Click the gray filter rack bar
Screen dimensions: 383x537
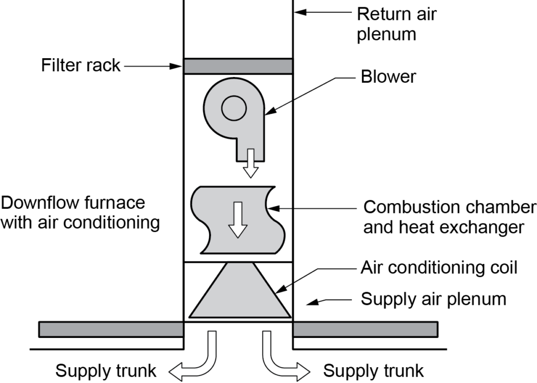tap(238, 66)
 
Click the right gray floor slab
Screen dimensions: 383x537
tap(365, 329)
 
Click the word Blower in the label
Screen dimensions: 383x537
tap(388, 77)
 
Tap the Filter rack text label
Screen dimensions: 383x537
tap(81, 66)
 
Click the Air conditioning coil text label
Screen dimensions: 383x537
tap(439, 268)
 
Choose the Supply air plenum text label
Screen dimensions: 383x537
tap(434, 299)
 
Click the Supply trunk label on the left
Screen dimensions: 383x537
tap(106, 371)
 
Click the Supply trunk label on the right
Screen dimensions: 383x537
tap(373, 371)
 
